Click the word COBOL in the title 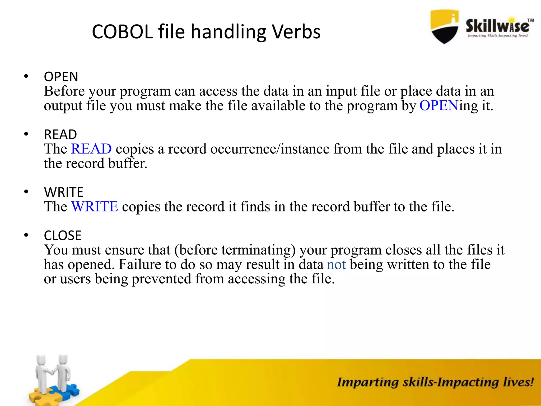[122, 32]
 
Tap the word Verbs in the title [296, 32]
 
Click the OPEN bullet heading [61, 77]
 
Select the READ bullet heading [60, 134]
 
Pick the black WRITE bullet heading [64, 192]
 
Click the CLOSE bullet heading [63, 235]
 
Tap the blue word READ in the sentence [91, 149]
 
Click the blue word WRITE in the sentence [95, 206]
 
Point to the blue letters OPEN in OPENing [439, 105]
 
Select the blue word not [336, 264]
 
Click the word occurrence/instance [270, 149]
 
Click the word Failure [140, 264]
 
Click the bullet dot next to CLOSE [26, 235]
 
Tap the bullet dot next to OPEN [26, 76]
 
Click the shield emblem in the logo [444, 26]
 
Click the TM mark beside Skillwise [530, 20]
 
